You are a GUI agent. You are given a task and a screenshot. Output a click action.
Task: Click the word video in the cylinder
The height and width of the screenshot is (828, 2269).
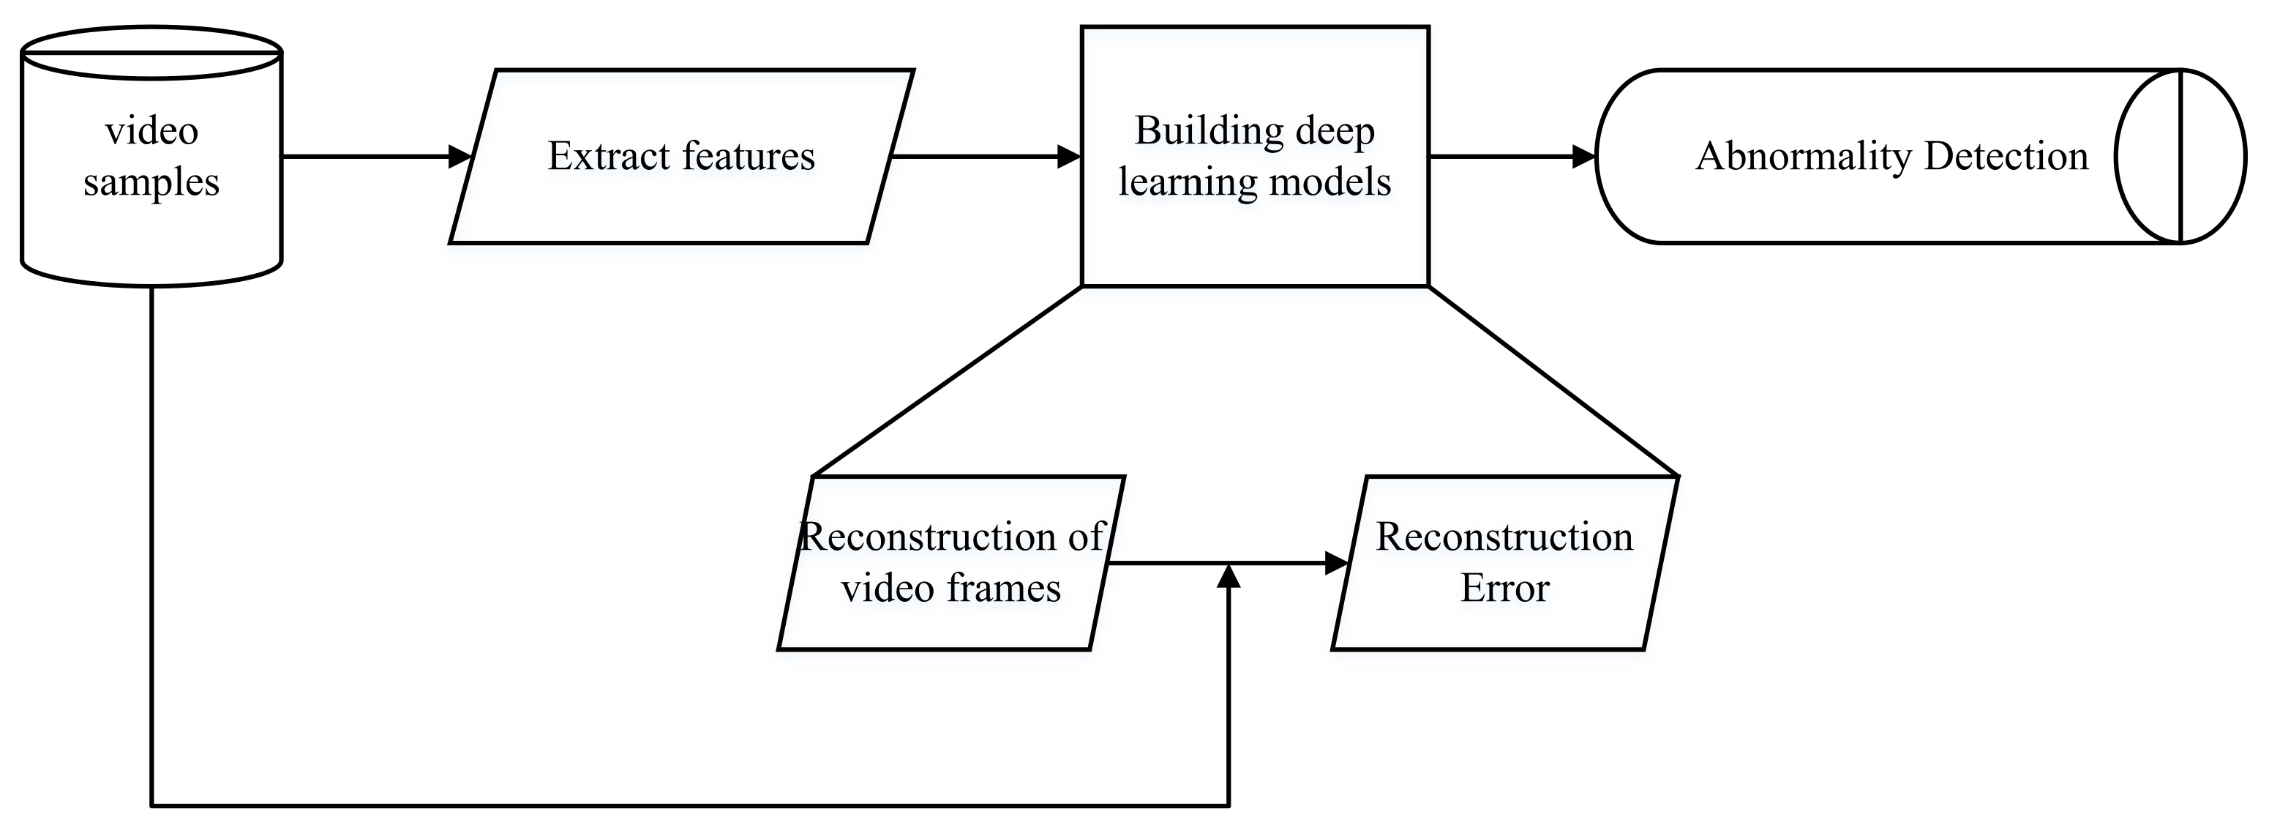point(151,132)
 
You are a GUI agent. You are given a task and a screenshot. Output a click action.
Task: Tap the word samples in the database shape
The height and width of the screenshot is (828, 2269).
point(151,183)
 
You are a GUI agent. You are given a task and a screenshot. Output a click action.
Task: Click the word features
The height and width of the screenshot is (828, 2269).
point(749,156)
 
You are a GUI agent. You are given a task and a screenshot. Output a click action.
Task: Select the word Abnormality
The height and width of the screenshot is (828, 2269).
point(1803,157)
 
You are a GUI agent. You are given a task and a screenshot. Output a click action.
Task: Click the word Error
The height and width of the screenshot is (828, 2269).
point(1504,589)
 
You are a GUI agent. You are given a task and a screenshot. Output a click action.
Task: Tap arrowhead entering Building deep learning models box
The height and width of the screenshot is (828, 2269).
point(1068,157)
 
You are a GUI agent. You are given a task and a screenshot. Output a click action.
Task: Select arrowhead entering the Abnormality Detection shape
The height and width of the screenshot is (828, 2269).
point(1583,157)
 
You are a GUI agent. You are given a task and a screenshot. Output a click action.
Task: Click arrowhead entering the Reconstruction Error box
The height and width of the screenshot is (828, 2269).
point(1337,563)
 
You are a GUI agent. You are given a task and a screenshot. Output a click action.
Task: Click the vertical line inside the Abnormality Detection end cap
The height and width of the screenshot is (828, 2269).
point(2180,156)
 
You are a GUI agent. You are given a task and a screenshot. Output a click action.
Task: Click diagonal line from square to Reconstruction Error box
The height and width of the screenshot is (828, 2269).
point(1553,381)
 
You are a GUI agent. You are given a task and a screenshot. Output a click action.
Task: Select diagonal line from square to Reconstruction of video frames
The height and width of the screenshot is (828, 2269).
point(947,381)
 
